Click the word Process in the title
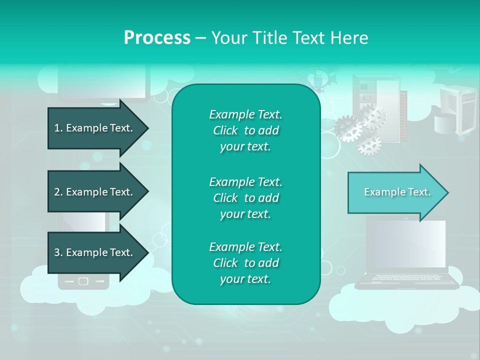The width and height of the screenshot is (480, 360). (157, 37)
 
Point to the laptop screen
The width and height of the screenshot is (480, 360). (406, 244)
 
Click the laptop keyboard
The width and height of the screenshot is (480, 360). (406, 277)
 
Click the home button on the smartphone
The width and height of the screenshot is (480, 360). (83, 281)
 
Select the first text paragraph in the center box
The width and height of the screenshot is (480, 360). (245, 130)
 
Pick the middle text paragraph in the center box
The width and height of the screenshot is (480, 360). (245, 197)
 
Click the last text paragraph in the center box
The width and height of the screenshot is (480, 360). (245, 263)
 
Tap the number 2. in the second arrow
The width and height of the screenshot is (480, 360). (58, 192)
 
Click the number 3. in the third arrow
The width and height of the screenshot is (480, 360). (58, 252)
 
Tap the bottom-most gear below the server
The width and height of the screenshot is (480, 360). (369, 145)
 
